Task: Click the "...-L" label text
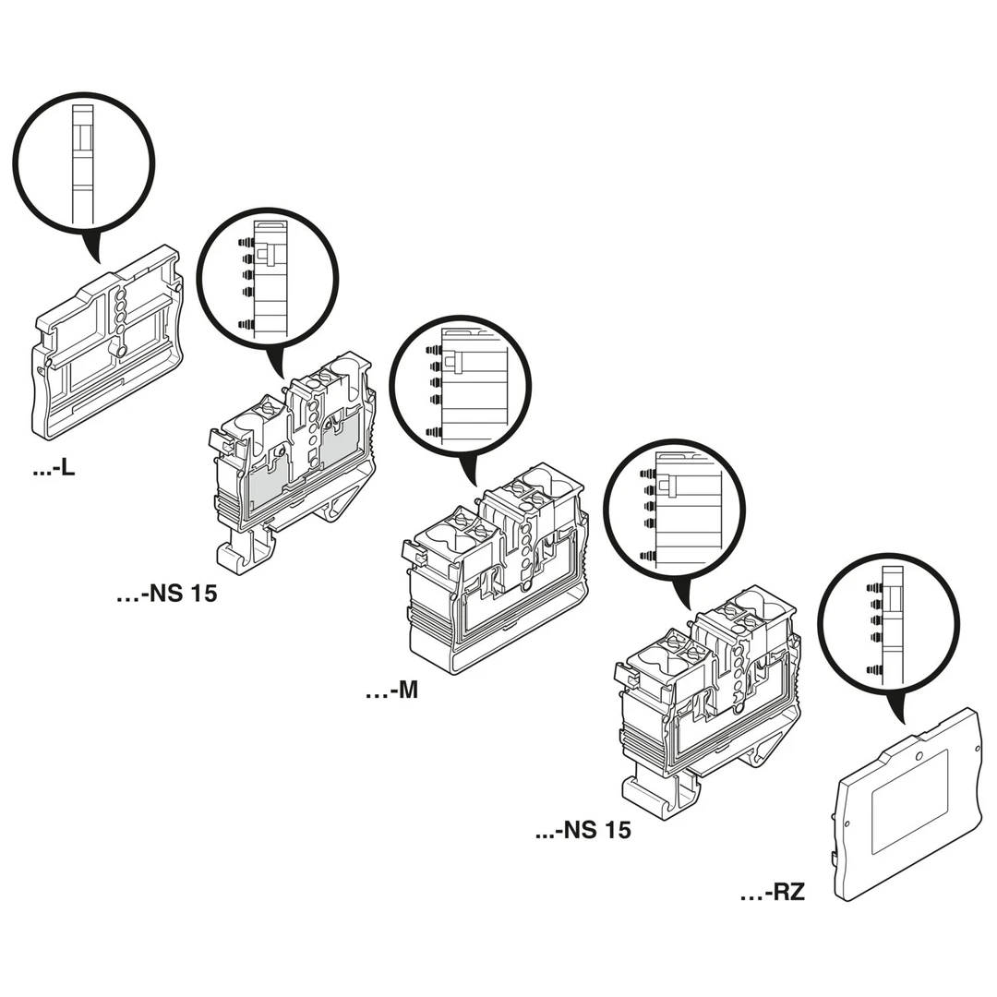(54, 469)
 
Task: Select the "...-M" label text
(391, 690)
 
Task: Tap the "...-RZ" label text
(773, 893)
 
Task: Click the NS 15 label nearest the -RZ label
(583, 830)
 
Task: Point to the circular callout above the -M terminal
(461, 385)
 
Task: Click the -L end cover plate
(106, 346)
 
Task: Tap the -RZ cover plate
(907, 803)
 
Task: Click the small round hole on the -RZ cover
(919, 755)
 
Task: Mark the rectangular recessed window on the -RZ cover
(909, 800)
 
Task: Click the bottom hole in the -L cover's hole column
(121, 351)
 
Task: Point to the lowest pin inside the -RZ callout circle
(874, 669)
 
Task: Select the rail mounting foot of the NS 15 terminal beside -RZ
(655, 792)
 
